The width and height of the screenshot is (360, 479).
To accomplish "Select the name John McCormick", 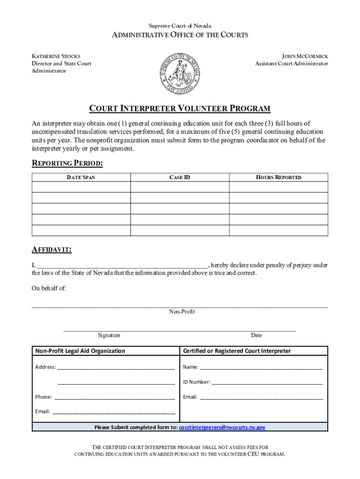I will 305,56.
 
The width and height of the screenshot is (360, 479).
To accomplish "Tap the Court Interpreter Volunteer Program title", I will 180,109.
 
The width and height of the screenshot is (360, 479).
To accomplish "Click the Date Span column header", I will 81,177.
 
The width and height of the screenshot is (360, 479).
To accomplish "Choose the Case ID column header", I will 180,177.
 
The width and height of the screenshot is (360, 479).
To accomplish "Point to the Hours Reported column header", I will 279,177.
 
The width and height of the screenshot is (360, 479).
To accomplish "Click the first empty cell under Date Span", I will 81,187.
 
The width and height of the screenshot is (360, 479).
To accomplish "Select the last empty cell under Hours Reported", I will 279,230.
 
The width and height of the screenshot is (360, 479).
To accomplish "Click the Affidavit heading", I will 51,250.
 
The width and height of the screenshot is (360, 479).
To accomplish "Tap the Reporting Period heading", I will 67,163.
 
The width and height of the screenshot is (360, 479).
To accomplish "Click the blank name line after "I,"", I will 122,264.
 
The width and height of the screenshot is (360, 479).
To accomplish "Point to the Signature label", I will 109,335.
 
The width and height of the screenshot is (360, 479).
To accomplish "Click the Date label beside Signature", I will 256,335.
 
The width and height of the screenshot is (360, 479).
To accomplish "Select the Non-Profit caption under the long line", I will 182,312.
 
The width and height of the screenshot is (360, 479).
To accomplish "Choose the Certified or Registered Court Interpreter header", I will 237,351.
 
